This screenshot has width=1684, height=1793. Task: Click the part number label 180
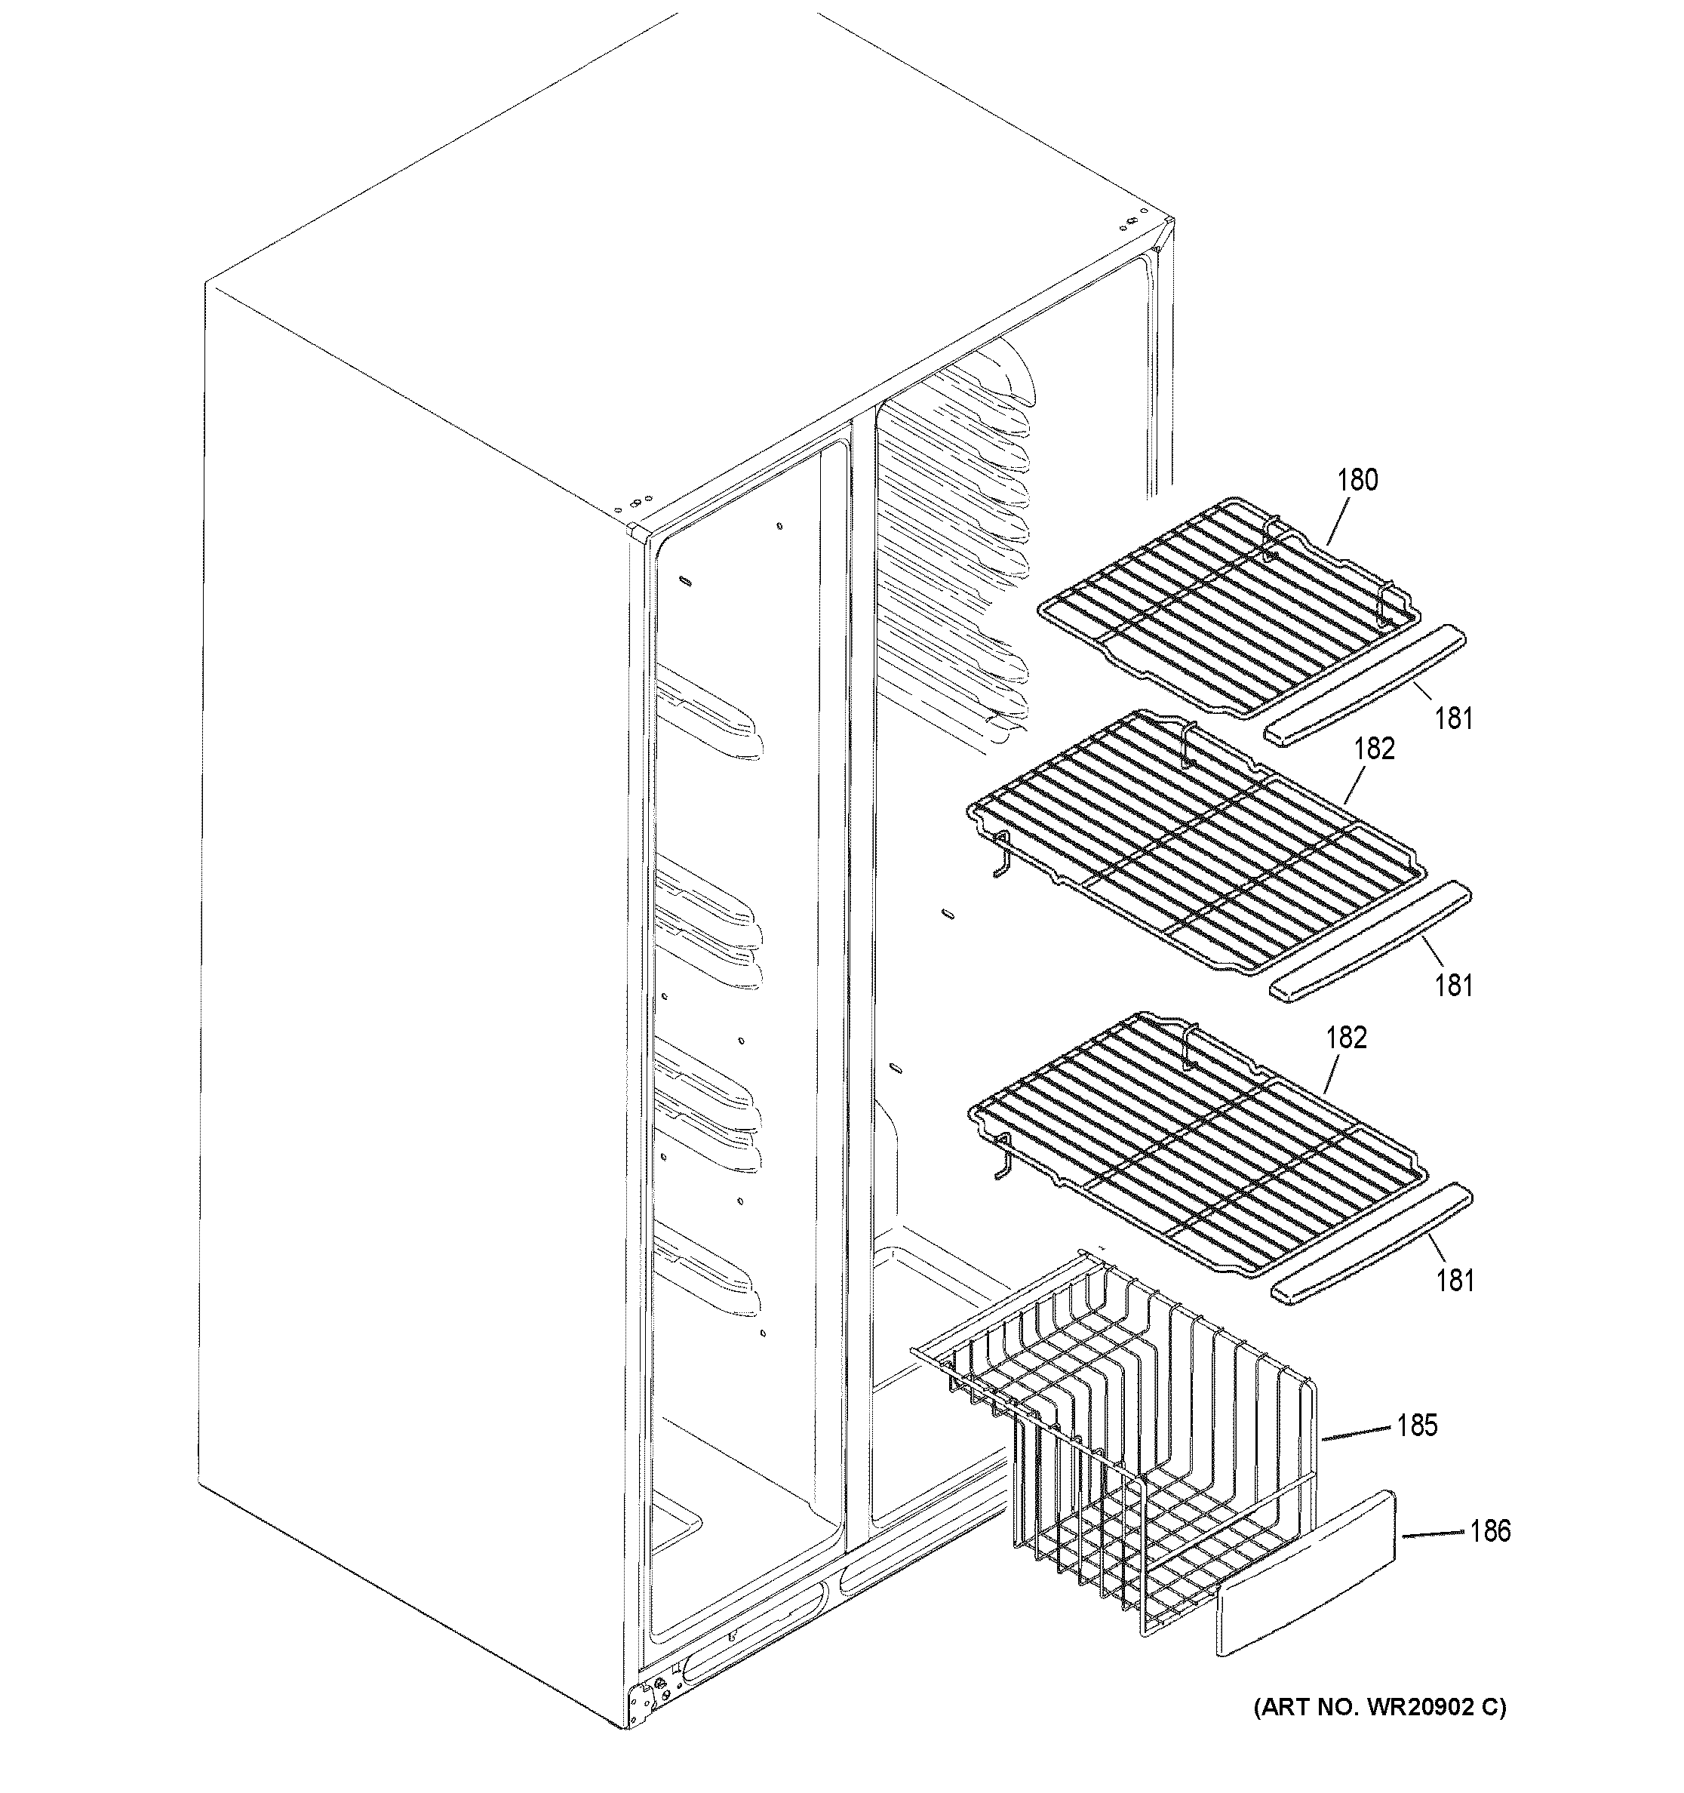(1357, 480)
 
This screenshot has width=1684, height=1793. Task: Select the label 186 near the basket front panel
(1490, 1530)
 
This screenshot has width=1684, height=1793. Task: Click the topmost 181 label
(1453, 719)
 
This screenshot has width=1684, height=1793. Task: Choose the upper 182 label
(1374, 749)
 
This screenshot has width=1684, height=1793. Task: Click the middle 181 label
(1453, 986)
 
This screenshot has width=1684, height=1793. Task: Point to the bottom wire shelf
(1199, 1146)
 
